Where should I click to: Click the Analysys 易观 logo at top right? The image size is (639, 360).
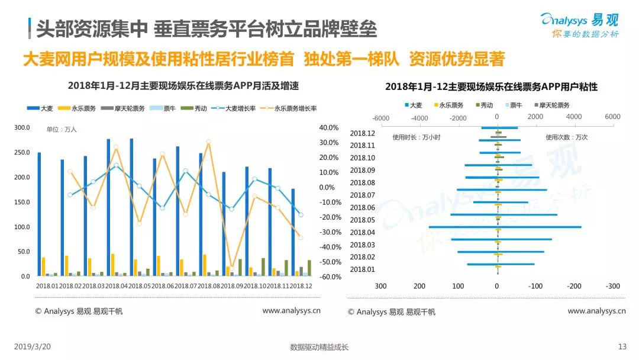click(x=579, y=24)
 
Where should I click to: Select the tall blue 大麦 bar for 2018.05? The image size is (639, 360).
click(x=131, y=207)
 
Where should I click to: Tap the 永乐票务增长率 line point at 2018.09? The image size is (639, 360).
click(x=232, y=267)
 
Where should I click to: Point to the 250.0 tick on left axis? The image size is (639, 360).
click(x=22, y=153)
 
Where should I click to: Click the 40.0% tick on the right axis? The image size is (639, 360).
click(x=328, y=128)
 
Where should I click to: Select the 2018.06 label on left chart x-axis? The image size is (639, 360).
click(x=163, y=285)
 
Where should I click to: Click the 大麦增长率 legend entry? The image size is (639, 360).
click(x=236, y=108)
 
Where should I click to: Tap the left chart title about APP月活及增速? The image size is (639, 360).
click(x=183, y=86)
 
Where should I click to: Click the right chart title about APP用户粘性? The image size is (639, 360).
click(x=491, y=87)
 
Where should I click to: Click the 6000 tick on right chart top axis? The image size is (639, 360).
click(x=612, y=117)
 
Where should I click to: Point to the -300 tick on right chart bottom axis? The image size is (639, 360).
click(x=612, y=286)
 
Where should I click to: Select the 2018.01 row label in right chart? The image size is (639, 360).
click(x=362, y=269)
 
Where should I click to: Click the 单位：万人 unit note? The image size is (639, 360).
click(x=62, y=129)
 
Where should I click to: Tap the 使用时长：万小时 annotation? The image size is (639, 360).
click(x=417, y=137)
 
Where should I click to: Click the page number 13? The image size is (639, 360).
click(x=622, y=347)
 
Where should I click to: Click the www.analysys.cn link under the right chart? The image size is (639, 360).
click(x=596, y=311)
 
